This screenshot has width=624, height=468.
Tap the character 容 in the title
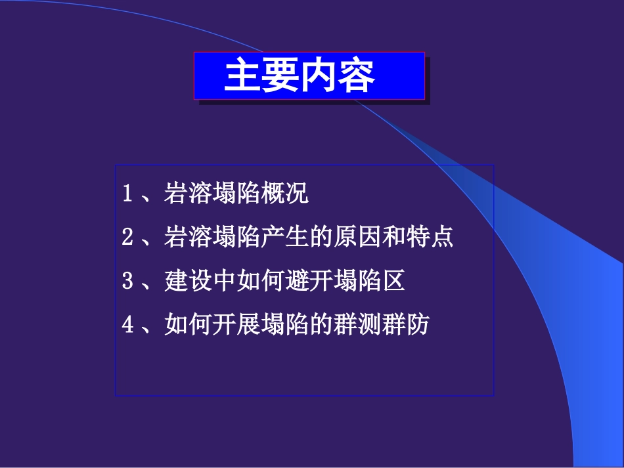pyautogui.click(x=357, y=76)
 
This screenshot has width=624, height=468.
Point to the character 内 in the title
pyautogui.click(x=319, y=76)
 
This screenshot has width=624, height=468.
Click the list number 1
pyautogui.click(x=128, y=195)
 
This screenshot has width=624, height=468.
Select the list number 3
pyautogui.click(x=128, y=282)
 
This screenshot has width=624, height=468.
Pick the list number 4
pyautogui.click(x=128, y=325)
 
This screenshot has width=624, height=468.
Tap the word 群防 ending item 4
pyautogui.click(x=411, y=325)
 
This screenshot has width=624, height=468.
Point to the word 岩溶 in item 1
pyautogui.click(x=185, y=194)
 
